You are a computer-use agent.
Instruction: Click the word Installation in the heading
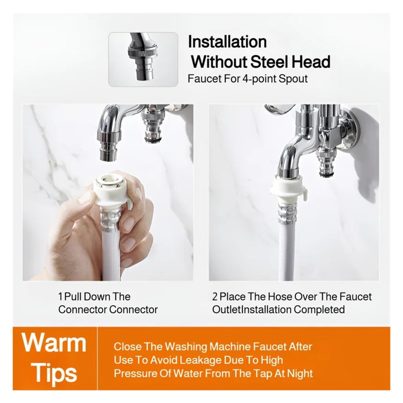click(x=227, y=42)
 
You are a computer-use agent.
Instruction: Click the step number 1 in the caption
click(x=60, y=297)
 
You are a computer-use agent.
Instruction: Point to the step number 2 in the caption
click(x=215, y=297)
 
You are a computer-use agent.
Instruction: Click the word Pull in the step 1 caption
click(x=73, y=297)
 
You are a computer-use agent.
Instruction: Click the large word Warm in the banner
click(x=54, y=343)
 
